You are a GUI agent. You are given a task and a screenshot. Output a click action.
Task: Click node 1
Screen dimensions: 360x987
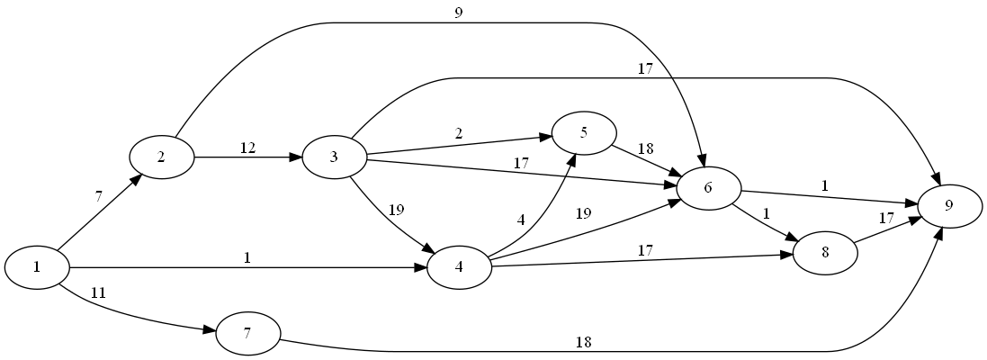tap(37, 267)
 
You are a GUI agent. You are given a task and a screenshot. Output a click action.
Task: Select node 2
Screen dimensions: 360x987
tap(162, 157)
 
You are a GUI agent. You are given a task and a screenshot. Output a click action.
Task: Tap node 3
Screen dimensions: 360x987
tap(334, 157)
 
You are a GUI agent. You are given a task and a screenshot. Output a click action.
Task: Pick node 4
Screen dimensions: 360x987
tap(460, 267)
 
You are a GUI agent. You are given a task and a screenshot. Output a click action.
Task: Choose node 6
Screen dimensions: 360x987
tap(708, 188)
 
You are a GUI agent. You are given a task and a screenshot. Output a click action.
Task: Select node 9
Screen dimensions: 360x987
tap(949, 206)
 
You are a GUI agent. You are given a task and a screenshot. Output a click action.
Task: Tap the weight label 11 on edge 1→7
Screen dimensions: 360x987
tap(99, 292)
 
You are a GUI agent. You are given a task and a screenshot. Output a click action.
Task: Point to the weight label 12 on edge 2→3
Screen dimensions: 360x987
tap(248, 148)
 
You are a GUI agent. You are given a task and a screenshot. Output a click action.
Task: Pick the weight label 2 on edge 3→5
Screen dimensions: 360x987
tap(459, 133)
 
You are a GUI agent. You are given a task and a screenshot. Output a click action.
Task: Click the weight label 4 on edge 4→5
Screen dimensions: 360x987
tap(519, 219)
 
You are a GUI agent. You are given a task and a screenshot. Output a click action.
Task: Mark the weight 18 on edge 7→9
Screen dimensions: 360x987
tap(584, 342)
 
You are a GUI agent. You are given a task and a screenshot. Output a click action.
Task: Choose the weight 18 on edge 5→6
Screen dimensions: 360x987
tap(645, 148)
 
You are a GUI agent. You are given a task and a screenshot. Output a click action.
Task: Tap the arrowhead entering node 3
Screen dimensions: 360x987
tap(295, 157)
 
